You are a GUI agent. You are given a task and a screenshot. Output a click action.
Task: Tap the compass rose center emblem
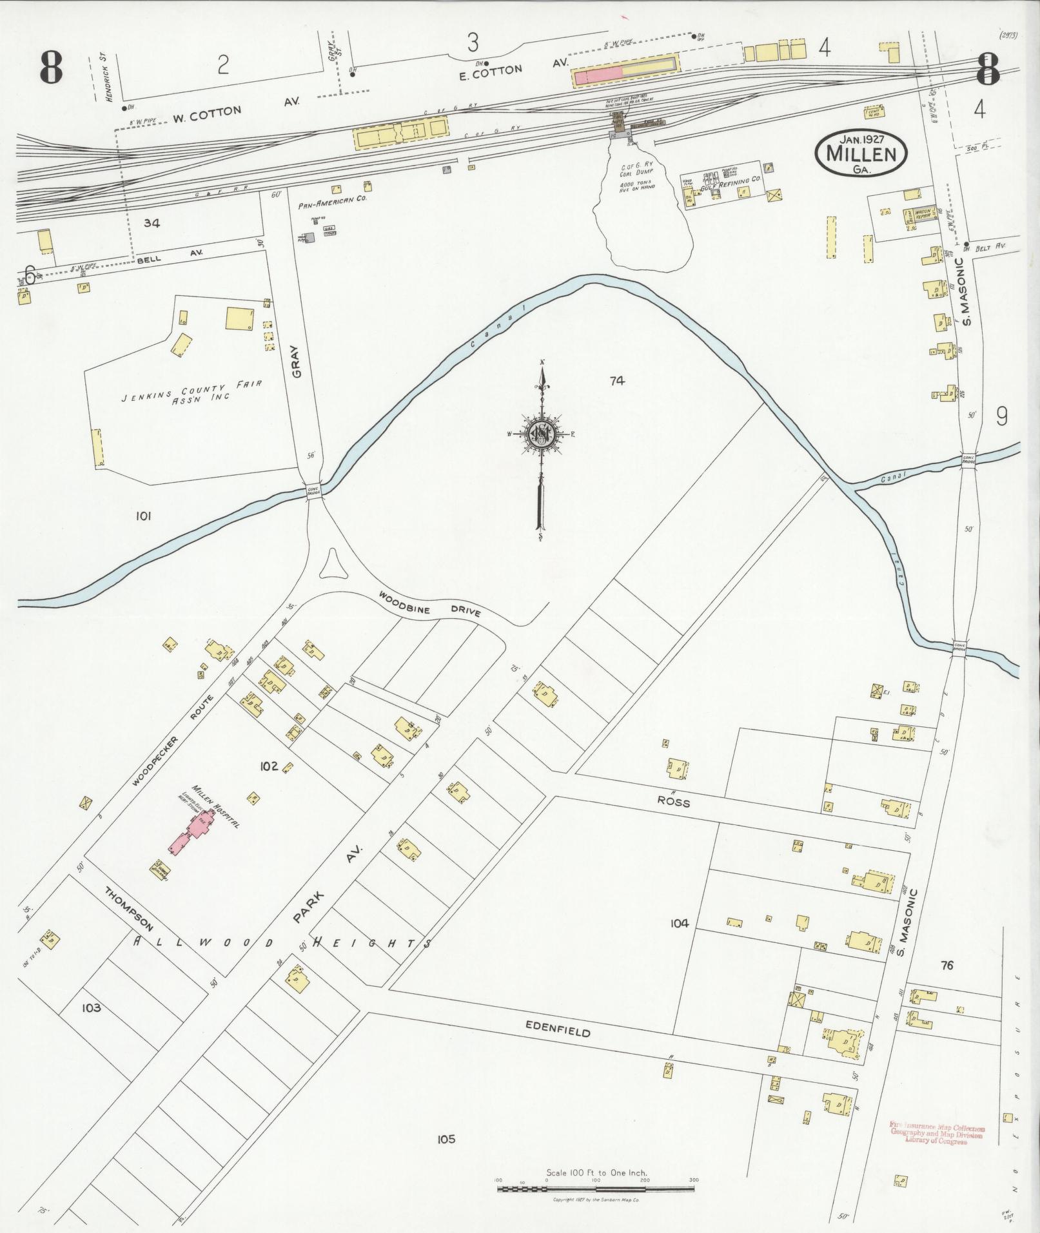click(541, 436)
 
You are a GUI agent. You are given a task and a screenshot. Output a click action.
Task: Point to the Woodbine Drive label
click(429, 603)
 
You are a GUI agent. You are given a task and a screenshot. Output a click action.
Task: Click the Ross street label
click(673, 802)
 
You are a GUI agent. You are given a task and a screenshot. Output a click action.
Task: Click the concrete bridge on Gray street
click(314, 490)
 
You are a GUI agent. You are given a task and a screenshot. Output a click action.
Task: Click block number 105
click(446, 1139)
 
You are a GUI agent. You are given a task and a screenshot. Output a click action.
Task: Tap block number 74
click(616, 381)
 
